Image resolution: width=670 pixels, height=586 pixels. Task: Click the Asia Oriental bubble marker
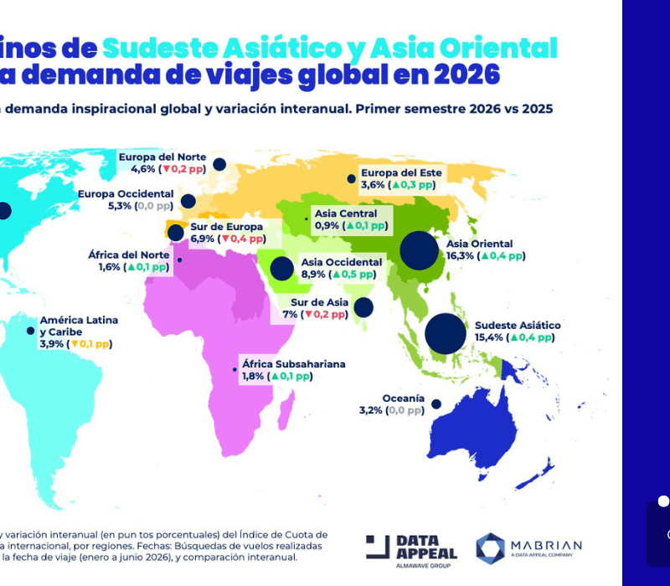pos(420,249)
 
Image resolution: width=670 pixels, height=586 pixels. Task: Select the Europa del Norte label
pos(163,156)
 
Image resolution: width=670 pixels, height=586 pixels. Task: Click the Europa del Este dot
pos(351,178)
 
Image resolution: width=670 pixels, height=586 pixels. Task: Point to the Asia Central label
pos(346,213)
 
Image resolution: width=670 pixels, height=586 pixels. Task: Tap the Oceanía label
pos(403,398)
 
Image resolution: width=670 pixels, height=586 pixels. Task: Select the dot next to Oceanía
pos(436,404)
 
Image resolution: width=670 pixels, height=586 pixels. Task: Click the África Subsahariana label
pos(293,364)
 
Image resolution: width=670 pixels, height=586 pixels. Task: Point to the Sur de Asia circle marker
pos(363,307)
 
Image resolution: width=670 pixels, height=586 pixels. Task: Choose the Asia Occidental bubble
pos(282,268)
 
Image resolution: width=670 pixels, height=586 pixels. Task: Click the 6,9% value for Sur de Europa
pos(203,239)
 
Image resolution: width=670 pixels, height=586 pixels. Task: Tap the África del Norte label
pos(129,254)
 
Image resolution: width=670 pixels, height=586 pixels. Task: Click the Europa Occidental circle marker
pos(188,201)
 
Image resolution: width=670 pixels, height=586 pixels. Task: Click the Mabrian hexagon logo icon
pos(490,547)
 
